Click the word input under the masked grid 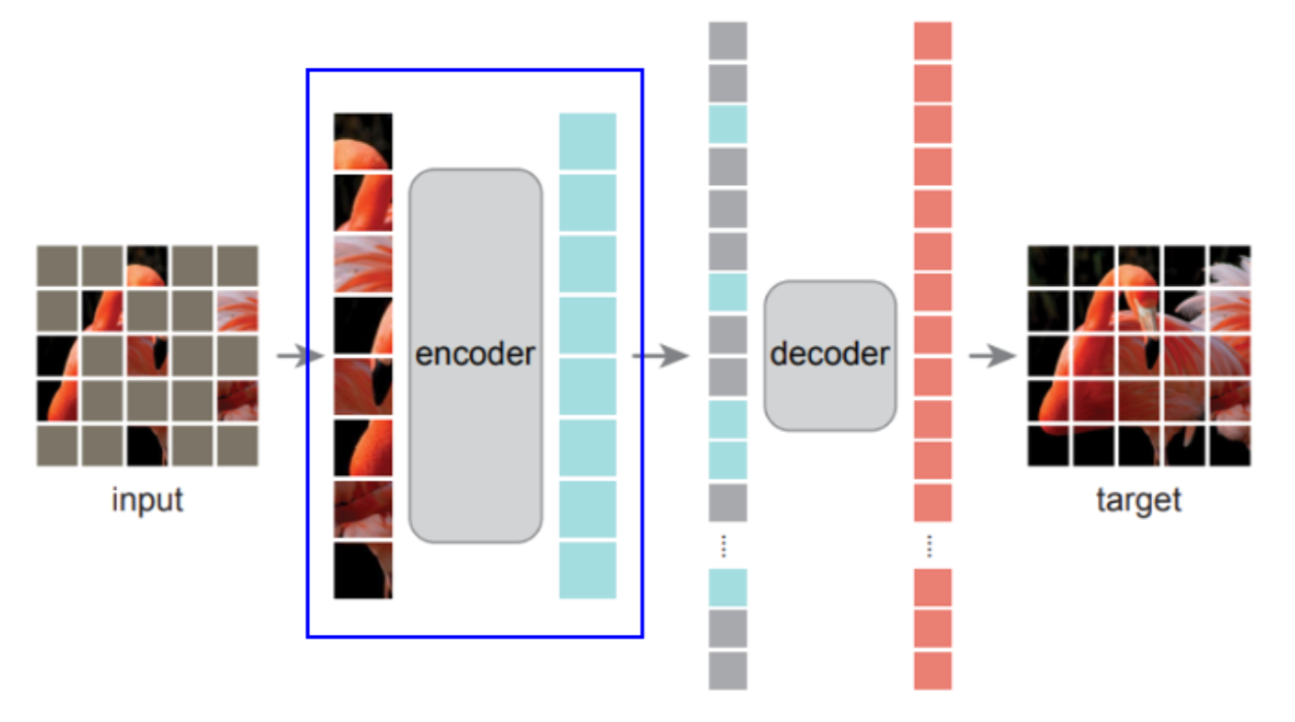click(x=147, y=500)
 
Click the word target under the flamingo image click(x=1138, y=500)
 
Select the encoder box click(x=475, y=355)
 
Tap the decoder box click(x=829, y=355)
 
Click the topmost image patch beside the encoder click(x=363, y=141)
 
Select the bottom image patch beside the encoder click(x=363, y=570)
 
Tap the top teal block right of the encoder click(x=587, y=141)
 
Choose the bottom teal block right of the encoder click(x=587, y=570)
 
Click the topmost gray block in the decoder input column click(x=727, y=41)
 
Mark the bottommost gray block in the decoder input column click(x=727, y=671)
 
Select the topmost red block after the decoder click(x=932, y=41)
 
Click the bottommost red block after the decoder click(x=932, y=671)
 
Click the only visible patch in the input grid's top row click(x=147, y=265)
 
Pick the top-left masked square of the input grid click(x=57, y=265)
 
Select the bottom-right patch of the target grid click(x=1229, y=445)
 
